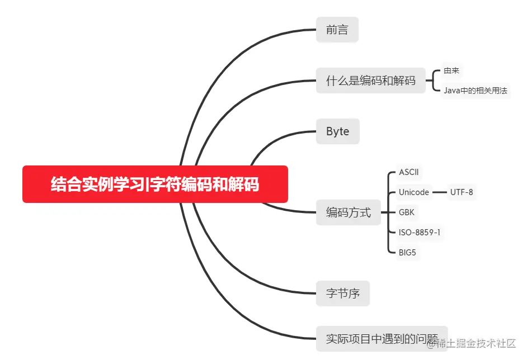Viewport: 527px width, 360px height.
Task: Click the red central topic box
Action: pyautogui.click(x=155, y=184)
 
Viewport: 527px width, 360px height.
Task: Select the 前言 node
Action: pyautogui.click(x=337, y=30)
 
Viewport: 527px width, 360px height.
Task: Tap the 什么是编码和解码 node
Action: pyautogui.click(x=370, y=80)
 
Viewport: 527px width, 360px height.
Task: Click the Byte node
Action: pyautogui.click(x=337, y=131)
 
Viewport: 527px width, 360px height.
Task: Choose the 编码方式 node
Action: pyautogui.click(x=348, y=212)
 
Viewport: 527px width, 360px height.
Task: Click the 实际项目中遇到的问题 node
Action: pyautogui.click(x=382, y=338)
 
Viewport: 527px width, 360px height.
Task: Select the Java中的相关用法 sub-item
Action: pyautogui.click(x=475, y=90)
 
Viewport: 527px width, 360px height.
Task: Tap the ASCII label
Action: pyautogui.click(x=408, y=172)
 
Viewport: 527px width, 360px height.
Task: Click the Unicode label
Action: pyautogui.click(x=413, y=192)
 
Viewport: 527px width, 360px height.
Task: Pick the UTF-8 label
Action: pyautogui.click(x=462, y=192)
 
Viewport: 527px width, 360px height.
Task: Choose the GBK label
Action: pyautogui.click(x=407, y=212)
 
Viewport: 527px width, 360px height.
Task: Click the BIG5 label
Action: pyautogui.click(x=407, y=253)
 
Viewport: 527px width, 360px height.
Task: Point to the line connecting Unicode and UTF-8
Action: pyautogui.click(x=439, y=192)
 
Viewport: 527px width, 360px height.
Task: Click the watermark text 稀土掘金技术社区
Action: pyautogui.click(x=476, y=343)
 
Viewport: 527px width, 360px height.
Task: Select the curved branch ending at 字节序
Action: pyautogui.click(x=235, y=263)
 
